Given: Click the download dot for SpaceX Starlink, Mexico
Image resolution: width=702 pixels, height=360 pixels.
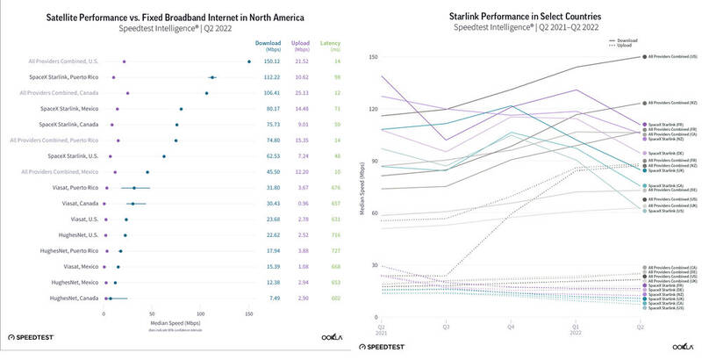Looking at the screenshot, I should pos(182,109).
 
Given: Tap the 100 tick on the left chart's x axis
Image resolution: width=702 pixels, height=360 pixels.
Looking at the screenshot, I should pos(201,312).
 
